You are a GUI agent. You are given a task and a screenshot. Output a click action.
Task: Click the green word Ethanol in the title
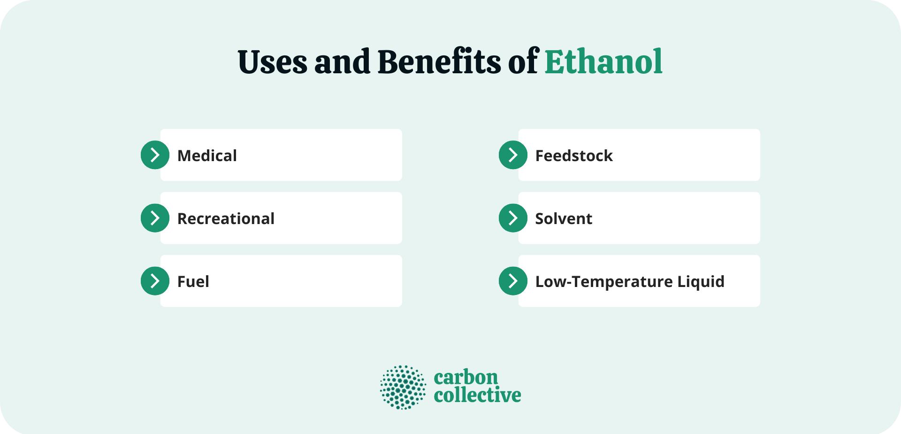point(603,62)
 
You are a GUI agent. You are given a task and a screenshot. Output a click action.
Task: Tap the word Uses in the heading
point(272,62)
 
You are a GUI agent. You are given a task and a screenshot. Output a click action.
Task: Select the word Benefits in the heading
point(439,62)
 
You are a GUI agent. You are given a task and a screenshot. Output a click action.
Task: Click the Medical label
point(207,155)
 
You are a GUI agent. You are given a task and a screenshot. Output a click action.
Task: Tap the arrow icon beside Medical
point(155,155)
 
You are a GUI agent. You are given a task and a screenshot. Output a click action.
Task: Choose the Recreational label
point(226,218)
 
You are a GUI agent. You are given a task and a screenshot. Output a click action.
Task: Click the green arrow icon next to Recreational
point(155,218)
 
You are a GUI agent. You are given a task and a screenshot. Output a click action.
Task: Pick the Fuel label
point(193,281)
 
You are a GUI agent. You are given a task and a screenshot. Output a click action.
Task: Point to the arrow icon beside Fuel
point(155,281)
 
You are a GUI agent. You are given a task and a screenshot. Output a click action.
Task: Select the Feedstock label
point(574,155)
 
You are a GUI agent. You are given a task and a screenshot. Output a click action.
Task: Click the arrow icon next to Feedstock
point(513,155)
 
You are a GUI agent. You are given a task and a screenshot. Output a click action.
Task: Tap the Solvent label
point(564,218)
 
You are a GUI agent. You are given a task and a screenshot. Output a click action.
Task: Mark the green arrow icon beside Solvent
point(513,218)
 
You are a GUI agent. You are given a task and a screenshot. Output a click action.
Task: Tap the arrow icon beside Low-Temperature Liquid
point(513,281)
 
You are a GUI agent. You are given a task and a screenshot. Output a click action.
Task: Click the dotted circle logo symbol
point(403,387)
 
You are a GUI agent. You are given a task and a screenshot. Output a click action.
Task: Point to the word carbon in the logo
point(466,378)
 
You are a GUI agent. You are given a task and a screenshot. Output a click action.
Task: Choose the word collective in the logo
point(477,395)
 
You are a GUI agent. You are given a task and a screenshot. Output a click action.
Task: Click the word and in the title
point(342,62)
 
